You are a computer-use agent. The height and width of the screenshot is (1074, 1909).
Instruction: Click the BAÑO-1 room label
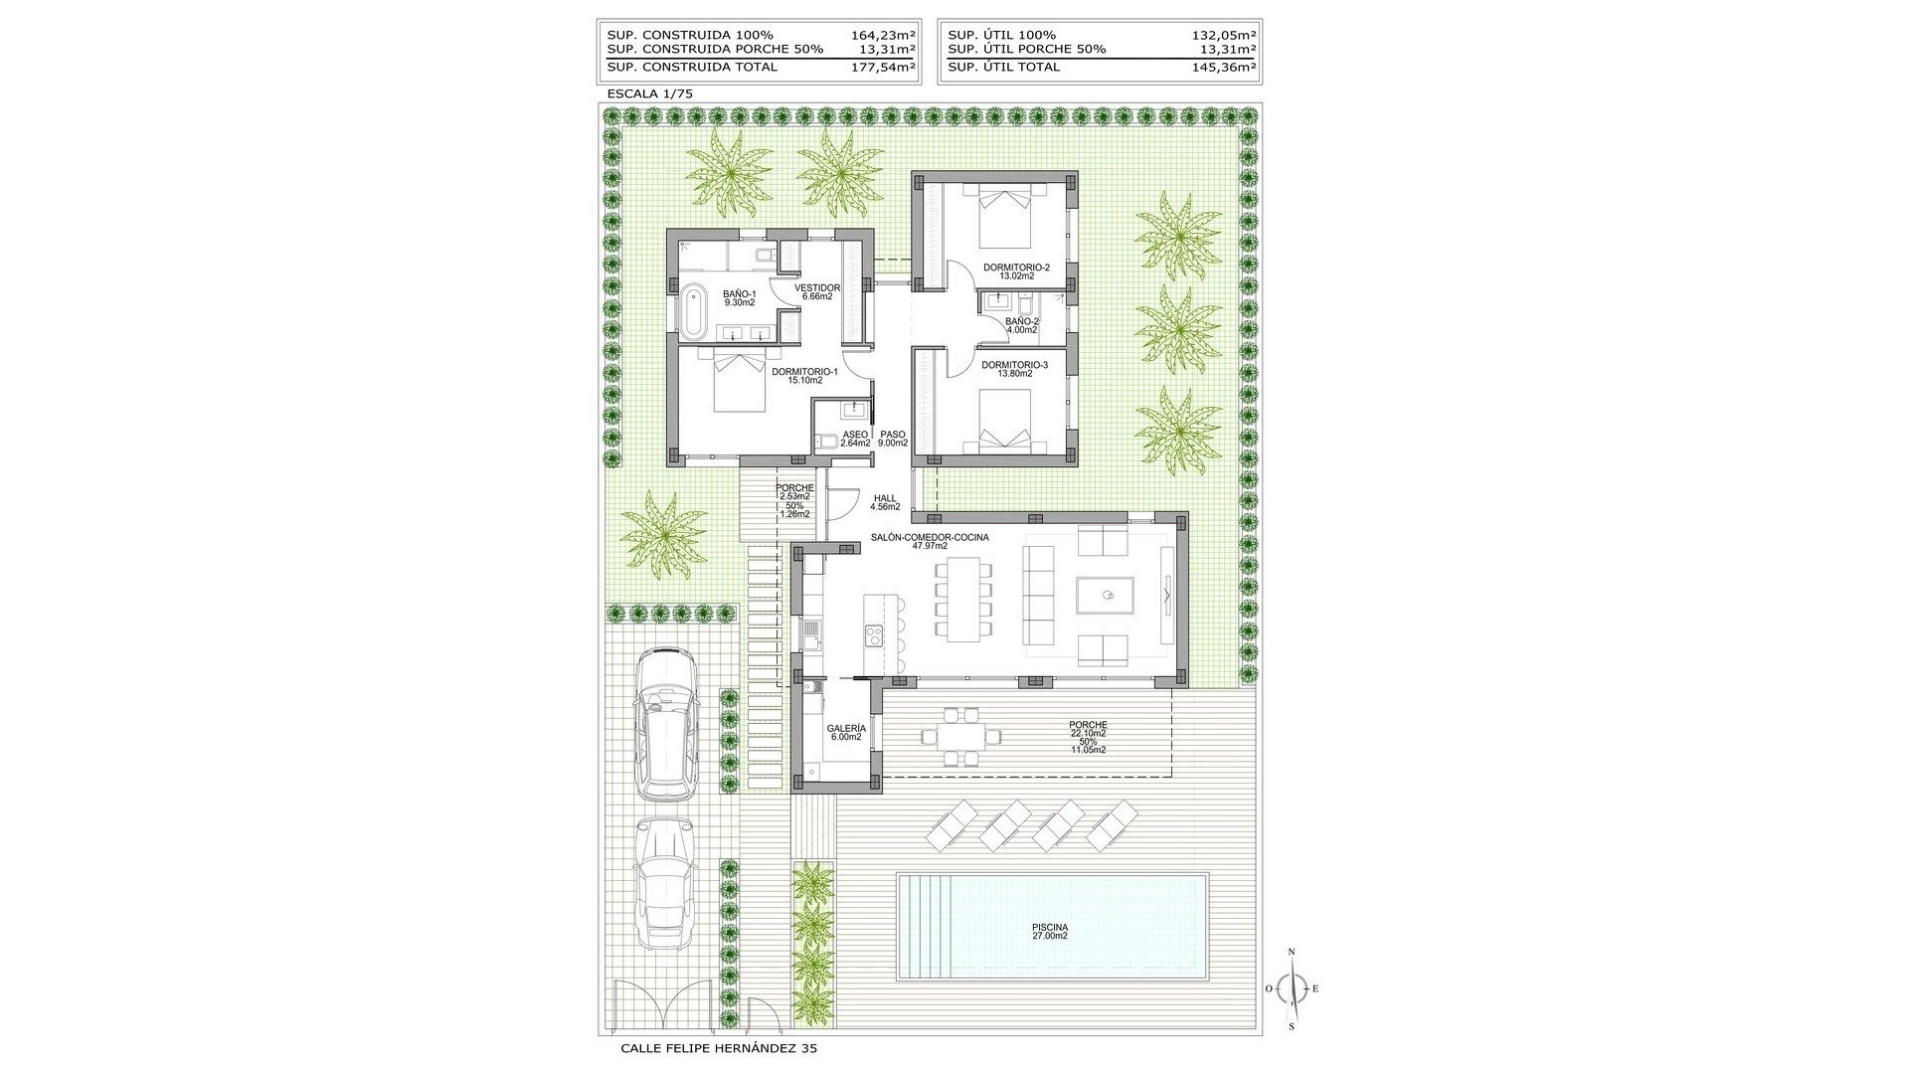[x=739, y=297]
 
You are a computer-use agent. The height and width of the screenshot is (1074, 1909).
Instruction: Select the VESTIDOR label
[x=817, y=291]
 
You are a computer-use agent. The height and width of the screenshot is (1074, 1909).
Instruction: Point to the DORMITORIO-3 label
[x=1014, y=369]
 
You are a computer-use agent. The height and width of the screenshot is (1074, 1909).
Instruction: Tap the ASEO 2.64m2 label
[x=855, y=439]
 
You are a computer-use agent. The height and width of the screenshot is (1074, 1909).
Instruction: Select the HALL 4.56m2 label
[x=885, y=502]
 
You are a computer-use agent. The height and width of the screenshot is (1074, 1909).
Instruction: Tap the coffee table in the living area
[x=1105, y=597]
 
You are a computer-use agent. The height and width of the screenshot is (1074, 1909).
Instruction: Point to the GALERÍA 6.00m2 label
[x=845, y=732]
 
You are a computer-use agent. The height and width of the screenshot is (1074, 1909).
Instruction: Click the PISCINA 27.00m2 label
[x=1049, y=931]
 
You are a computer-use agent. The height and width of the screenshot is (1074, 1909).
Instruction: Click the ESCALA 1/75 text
[x=650, y=93]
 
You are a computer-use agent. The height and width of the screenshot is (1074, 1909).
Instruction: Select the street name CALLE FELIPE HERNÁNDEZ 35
[x=719, y=1048]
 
